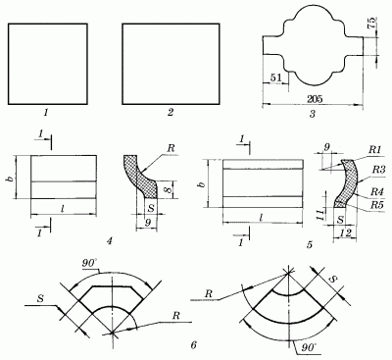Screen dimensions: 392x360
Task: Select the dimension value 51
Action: click(x=275, y=77)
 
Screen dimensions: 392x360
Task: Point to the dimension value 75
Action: click(x=372, y=24)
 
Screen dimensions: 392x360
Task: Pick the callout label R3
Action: click(x=379, y=169)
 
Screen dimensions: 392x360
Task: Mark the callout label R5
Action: click(x=376, y=205)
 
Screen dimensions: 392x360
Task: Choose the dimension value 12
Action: click(x=345, y=233)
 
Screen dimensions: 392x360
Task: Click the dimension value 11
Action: click(x=321, y=214)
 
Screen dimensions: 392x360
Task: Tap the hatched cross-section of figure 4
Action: click(x=140, y=176)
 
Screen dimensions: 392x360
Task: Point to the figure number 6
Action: click(x=194, y=345)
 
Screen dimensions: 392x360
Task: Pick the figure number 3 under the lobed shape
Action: click(x=313, y=114)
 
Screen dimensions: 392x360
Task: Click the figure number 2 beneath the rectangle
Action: click(x=171, y=113)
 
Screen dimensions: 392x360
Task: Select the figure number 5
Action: click(x=310, y=244)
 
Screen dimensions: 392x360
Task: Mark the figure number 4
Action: click(x=110, y=241)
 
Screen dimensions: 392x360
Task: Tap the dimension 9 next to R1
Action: click(x=326, y=148)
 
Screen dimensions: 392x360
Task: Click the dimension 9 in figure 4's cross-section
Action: click(x=147, y=224)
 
